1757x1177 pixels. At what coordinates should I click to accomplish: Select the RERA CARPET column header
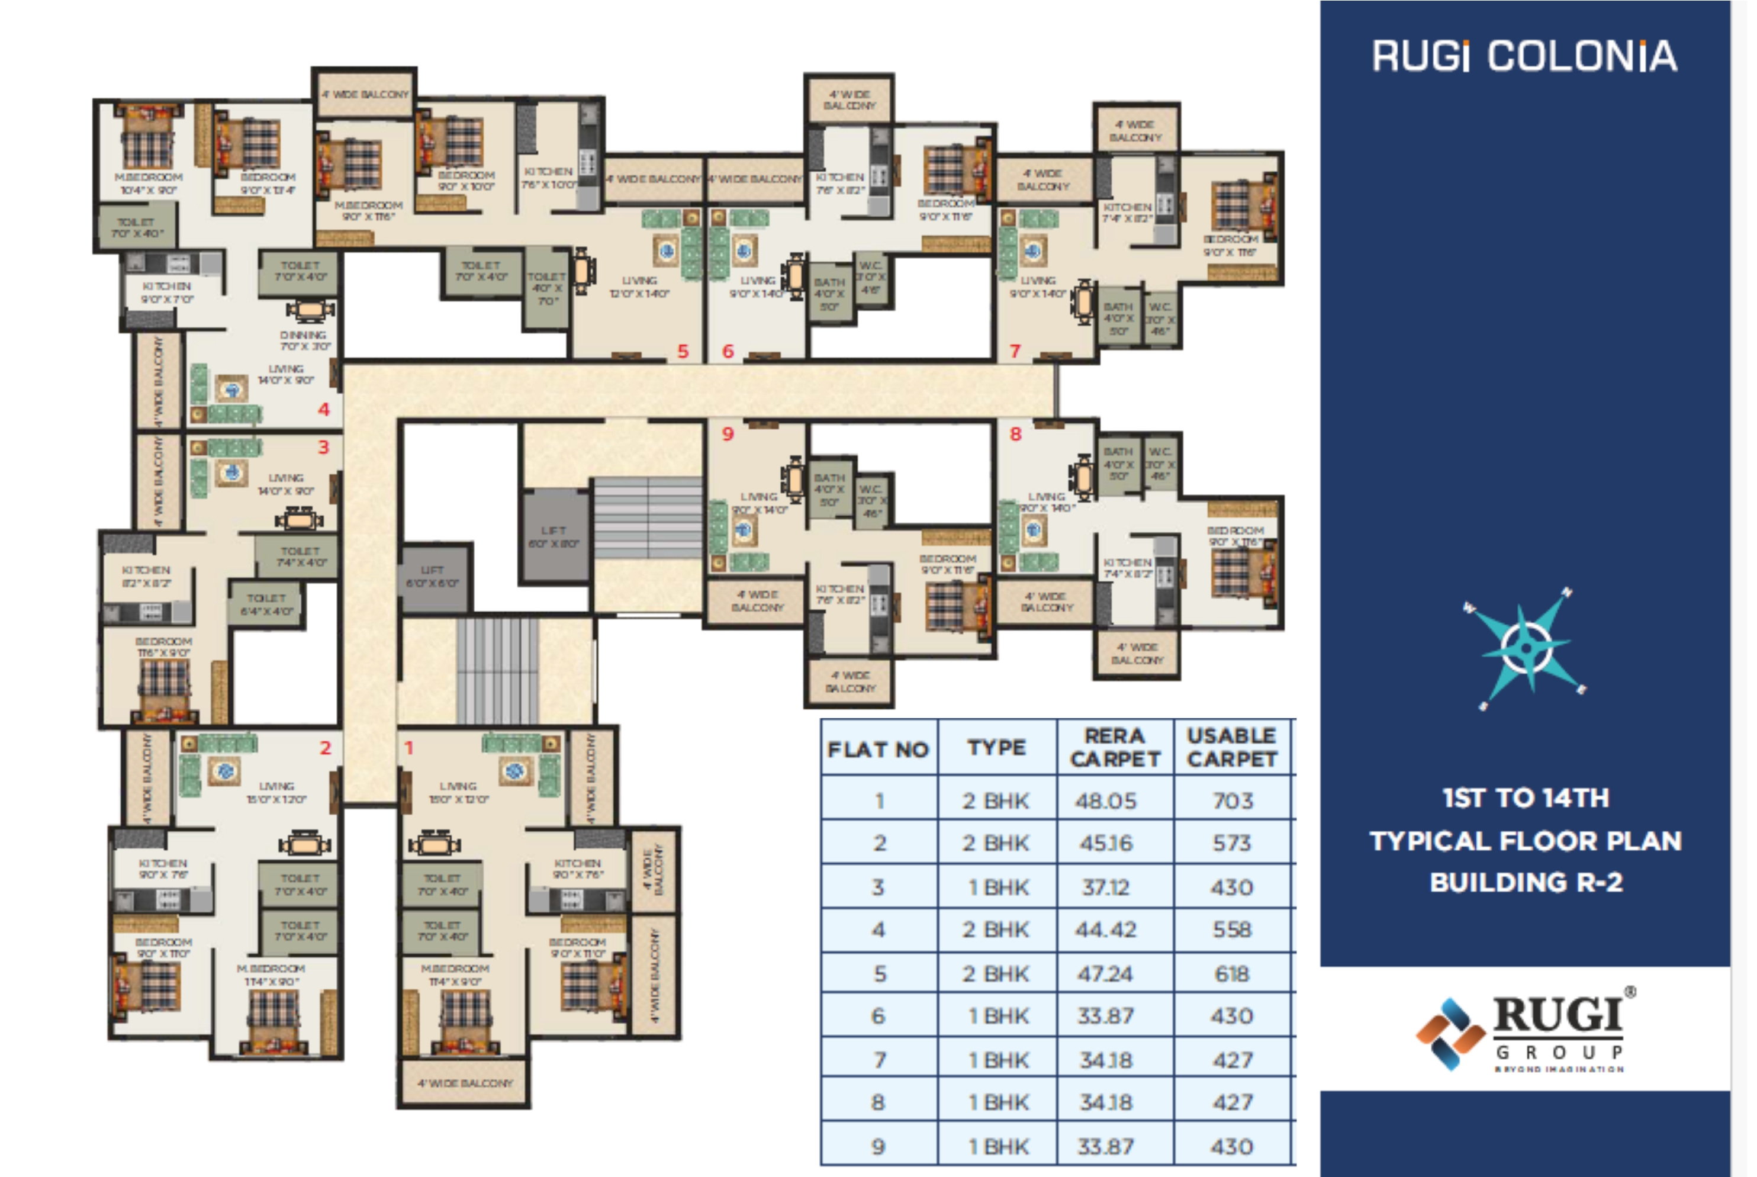coord(1115,747)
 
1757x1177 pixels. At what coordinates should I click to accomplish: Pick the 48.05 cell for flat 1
coord(1106,800)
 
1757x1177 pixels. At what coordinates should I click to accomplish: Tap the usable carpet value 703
coord(1233,800)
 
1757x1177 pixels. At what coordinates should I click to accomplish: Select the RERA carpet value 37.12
coord(1106,887)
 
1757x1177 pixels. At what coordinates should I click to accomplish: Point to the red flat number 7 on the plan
coord(1015,350)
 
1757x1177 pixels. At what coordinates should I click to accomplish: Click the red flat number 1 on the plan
coord(409,748)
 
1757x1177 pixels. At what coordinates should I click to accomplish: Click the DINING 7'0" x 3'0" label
coord(304,340)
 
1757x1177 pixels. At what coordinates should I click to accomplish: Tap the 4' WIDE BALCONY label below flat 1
coord(465,1083)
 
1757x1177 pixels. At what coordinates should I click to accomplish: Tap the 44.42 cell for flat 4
coord(1106,930)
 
